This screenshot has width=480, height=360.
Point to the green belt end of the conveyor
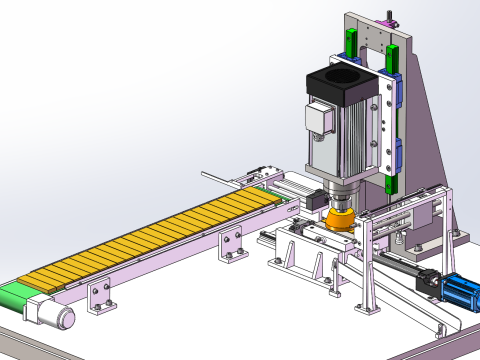coord(17,296)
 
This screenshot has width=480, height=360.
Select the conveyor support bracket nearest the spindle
coord(233,243)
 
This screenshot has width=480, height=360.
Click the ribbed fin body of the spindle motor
coord(345,140)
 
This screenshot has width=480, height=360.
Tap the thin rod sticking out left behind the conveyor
coord(215,176)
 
